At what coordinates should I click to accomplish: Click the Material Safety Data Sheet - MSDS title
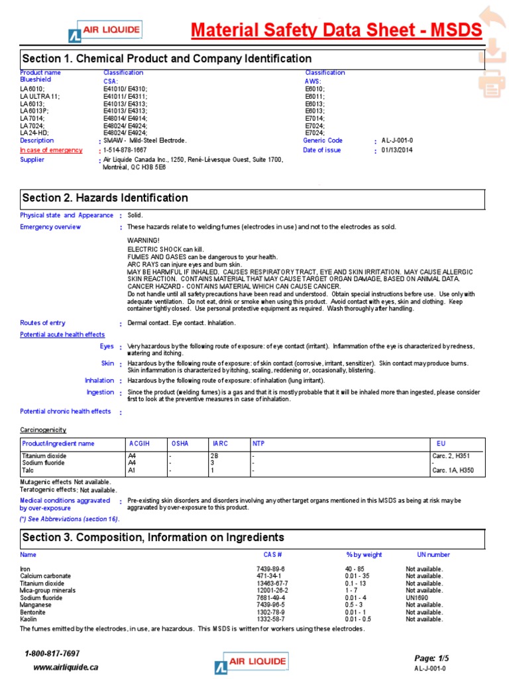(337, 30)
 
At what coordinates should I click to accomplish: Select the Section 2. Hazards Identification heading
(105, 198)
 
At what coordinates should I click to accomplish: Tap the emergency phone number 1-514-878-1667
(125, 151)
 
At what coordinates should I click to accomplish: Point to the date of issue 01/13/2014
(396, 151)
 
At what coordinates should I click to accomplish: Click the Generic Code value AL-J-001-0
(397, 141)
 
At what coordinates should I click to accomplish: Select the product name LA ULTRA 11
(40, 96)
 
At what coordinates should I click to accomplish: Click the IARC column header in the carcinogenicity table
(220, 443)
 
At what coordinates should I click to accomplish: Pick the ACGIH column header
(140, 443)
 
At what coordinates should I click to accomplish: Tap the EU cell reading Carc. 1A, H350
(453, 470)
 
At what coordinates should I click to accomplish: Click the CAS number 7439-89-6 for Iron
(271, 569)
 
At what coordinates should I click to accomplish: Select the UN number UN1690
(418, 597)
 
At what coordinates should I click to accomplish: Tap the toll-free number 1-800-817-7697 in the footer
(52, 654)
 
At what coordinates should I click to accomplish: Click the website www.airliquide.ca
(66, 667)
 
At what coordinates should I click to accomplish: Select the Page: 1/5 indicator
(431, 658)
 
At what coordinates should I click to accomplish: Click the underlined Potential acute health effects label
(62, 335)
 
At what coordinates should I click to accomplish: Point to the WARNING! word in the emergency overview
(144, 240)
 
